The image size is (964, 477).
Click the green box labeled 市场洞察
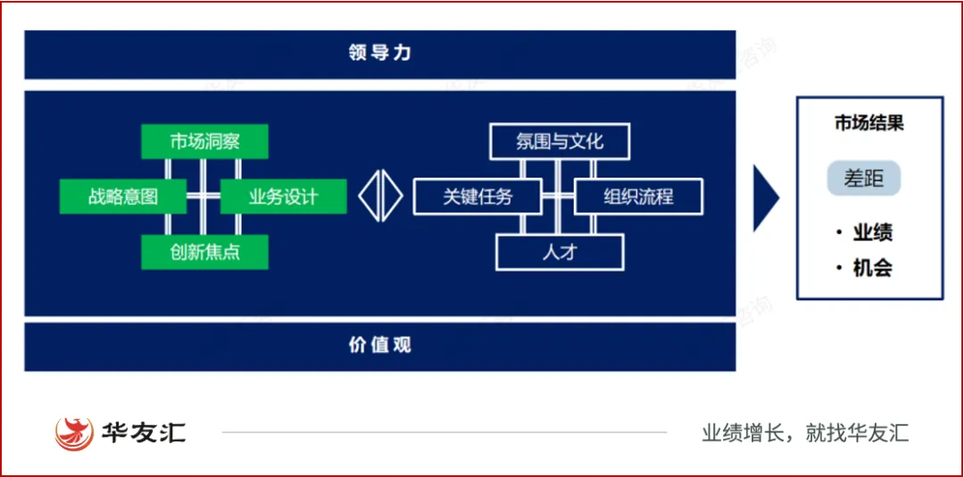coord(204,142)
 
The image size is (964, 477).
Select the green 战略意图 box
coord(123,197)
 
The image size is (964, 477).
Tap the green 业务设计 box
coord(283,197)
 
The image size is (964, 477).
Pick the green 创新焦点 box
coord(204,252)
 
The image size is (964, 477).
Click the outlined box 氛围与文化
coord(560,142)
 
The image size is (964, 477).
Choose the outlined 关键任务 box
coord(478,197)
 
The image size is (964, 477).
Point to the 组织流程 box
coord(638,197)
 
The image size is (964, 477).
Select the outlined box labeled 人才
coord(560,252)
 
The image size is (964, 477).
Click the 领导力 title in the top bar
coord(380,53)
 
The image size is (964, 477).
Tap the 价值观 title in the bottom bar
coord(380,345)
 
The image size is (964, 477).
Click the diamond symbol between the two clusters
coord(381,197)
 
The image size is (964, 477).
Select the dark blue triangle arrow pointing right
coord(765,197)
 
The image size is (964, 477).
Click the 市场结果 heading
coord(869,123)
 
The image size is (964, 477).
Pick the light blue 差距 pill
coord(863,179)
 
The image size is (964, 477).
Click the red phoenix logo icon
coord(74,433)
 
